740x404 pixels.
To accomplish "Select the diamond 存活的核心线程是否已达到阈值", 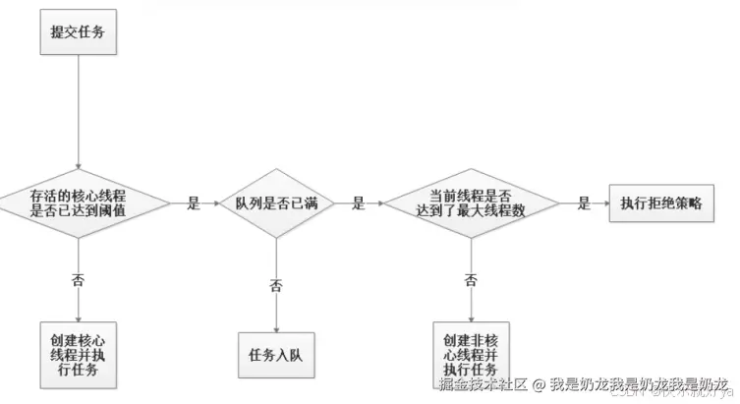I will [x=78, y=203].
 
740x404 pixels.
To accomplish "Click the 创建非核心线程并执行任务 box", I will [x=472, y=347].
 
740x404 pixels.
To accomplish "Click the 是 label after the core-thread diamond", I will [x=193, y=204].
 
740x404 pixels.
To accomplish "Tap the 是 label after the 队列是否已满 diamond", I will [x=358, y=204].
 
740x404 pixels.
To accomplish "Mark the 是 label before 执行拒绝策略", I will [x=584, y=204].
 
